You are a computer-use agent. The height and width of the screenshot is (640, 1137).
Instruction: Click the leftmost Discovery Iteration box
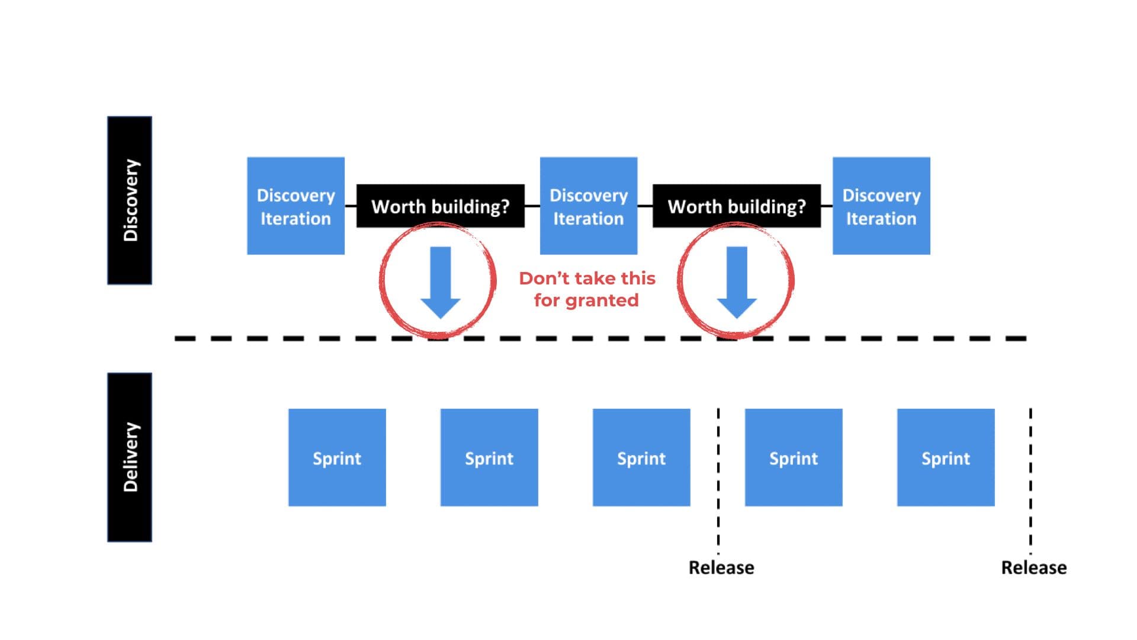pyautogui.click(x=296, y=206)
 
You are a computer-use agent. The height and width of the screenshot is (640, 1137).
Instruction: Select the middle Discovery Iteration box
pyautogui.click(x=588, y=206)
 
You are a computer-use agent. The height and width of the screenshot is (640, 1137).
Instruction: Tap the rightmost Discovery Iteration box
pyautogui.click(x=881, y=206)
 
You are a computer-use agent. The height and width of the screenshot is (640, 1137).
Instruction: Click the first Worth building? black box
pyautogui.click(x=440, y=206)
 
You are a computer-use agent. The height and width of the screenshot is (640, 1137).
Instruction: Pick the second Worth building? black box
pyautogui.click(x=736, y=206)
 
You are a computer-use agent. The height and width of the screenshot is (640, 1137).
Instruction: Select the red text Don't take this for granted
pyautogui.click(x=587, y=289)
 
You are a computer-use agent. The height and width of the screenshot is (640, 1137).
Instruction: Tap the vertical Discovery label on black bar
pyautogui.click(x=130, y=200)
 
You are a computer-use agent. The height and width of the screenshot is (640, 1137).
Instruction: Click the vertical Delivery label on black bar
pyautogui.click(x=130, y=457)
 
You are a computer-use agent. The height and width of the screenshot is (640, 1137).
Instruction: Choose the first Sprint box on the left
pyautogui.click(x=337, y=457)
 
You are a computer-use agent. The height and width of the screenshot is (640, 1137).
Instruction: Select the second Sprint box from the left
pyautogui.click(x=489, y=457)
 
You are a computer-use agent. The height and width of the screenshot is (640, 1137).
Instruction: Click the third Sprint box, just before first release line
pyautogui.click(x=641, y=457)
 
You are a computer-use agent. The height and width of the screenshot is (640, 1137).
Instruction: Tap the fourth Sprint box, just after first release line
pyautogui.click(x=794, y=457)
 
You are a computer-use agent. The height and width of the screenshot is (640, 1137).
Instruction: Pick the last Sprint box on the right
pyautogui.click(x=946, y=457)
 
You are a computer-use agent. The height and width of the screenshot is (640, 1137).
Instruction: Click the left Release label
pyautogui.click(x=721, y=568)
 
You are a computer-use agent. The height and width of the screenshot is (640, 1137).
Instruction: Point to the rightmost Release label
pyautogui.click(x=1034, y=568)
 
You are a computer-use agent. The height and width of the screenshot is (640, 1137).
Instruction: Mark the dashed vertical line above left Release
pyautogui.click(x=718, y=480)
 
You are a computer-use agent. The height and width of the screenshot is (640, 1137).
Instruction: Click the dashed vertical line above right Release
pyautogui.click(x=1030, y=480)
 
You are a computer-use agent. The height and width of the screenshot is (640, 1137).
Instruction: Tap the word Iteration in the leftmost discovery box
pyautogui.click(x=296, y=219)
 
